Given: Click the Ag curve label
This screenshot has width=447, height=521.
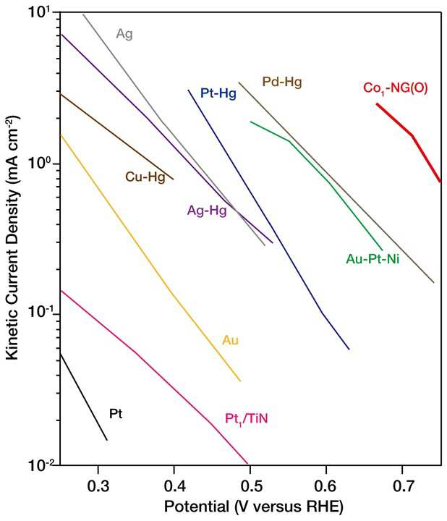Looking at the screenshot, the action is click(124, 34).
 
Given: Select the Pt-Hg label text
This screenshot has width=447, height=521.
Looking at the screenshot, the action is click(218, 93).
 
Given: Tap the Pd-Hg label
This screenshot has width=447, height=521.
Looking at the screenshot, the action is click(282, 82).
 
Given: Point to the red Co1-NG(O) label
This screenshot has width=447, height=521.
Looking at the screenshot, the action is click(395, 88).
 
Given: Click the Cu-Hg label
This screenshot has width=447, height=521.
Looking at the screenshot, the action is click(145, 177).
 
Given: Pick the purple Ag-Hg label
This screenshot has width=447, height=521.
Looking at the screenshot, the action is click(207, 211).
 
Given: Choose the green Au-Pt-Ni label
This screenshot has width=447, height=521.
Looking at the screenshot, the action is click(372, 258).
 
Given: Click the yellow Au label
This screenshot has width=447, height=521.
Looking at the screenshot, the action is click(230, 340).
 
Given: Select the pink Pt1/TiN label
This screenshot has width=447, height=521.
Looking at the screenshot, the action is click(246, 419).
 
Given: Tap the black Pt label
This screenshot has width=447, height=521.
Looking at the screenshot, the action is click(116, 414).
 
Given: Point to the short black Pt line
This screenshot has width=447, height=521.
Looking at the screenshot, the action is click(83, 397).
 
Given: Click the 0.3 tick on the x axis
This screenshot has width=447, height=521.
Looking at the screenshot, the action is click(98, 486).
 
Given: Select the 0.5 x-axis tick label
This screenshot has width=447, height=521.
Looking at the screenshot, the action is click(250, 486).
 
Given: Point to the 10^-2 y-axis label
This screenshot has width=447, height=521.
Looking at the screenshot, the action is click(38, 465).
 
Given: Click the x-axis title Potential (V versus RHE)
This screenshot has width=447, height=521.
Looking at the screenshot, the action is click(253, 507).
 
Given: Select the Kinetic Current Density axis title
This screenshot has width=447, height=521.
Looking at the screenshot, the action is click(12, 238).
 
